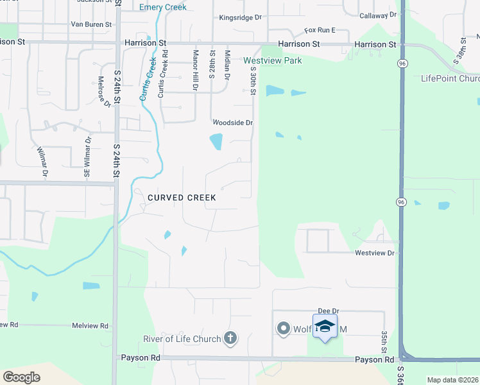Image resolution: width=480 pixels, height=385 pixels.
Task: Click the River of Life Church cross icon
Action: click(230, 338)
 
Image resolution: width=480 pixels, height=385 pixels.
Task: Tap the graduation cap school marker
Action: click(325, 327)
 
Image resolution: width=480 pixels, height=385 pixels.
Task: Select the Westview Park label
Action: click(272, 60)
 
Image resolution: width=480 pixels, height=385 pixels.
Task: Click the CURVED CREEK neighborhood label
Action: click(182, 198)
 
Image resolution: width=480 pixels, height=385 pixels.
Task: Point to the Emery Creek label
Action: click(163, 7)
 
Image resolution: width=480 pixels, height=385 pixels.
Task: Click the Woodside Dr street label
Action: click(234, 123)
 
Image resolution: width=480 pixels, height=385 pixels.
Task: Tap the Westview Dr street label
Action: click(375, 253)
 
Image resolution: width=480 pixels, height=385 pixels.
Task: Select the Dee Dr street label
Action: click(328, 311)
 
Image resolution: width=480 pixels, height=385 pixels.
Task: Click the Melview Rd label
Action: click(90, 326)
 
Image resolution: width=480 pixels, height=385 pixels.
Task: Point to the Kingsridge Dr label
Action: click(240, 19)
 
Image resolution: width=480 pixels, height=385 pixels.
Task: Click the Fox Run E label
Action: click(320, 30)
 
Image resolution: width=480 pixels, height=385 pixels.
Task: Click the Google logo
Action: click(22, 377)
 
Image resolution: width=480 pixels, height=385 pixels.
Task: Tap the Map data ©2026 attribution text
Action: click(453, 380)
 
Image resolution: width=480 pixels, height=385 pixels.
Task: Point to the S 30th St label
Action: click(253, 81)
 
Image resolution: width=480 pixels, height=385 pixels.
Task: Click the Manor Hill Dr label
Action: click(195, 71)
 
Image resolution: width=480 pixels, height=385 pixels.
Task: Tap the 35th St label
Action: click(384, 341)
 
